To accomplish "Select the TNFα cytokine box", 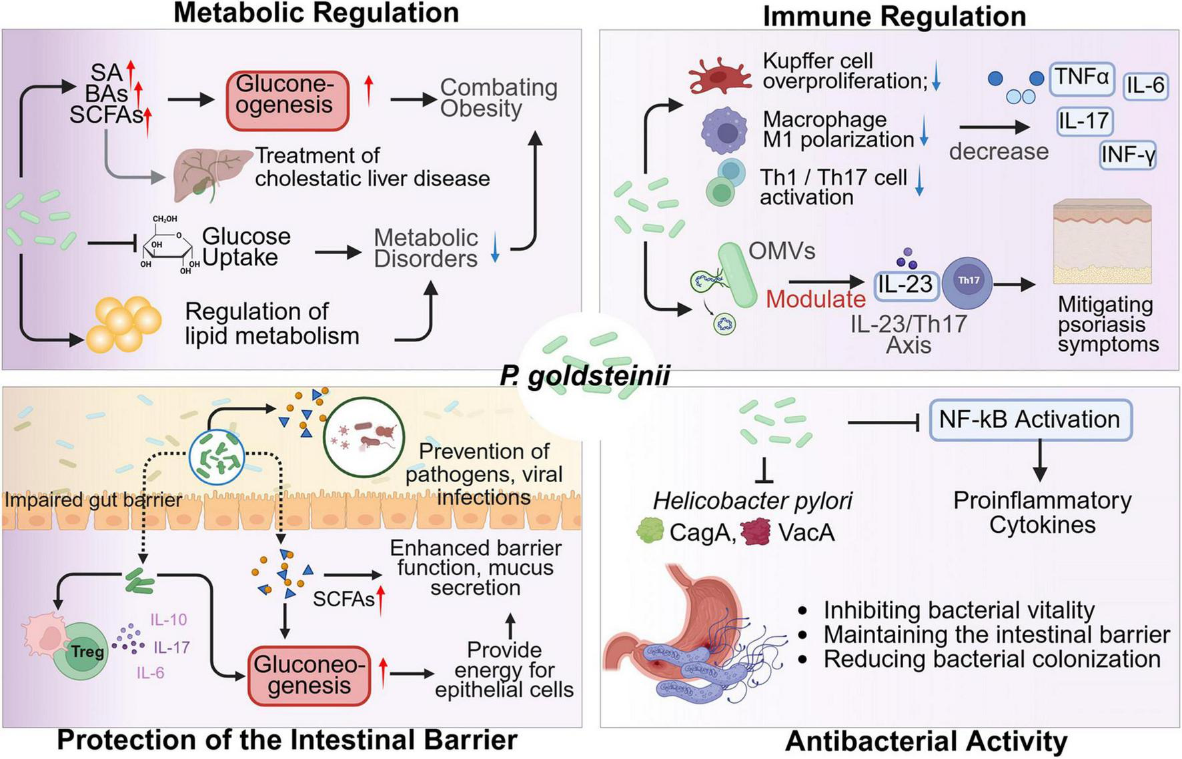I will [x=1081, y=78].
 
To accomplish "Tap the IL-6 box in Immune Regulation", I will [x=1145, y=85].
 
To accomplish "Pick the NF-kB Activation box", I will [x=1029, y=420].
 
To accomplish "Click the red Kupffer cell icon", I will [x=719, y=75].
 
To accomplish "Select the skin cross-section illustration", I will [x=1101, y=241].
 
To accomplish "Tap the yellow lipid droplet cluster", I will [x=127, y=323].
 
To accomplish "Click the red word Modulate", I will [x=815, y=299].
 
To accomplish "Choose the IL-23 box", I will [x=905, y=285].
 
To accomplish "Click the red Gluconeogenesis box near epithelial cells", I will [x=310, y=675].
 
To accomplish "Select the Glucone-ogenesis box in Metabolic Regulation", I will [x=287, y=100].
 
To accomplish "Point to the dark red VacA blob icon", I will [x=755, y=532].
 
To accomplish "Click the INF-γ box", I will [x=1127, y=155].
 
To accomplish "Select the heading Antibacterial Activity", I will [x=926, y=741].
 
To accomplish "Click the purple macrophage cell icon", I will [x=724, y=131].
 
